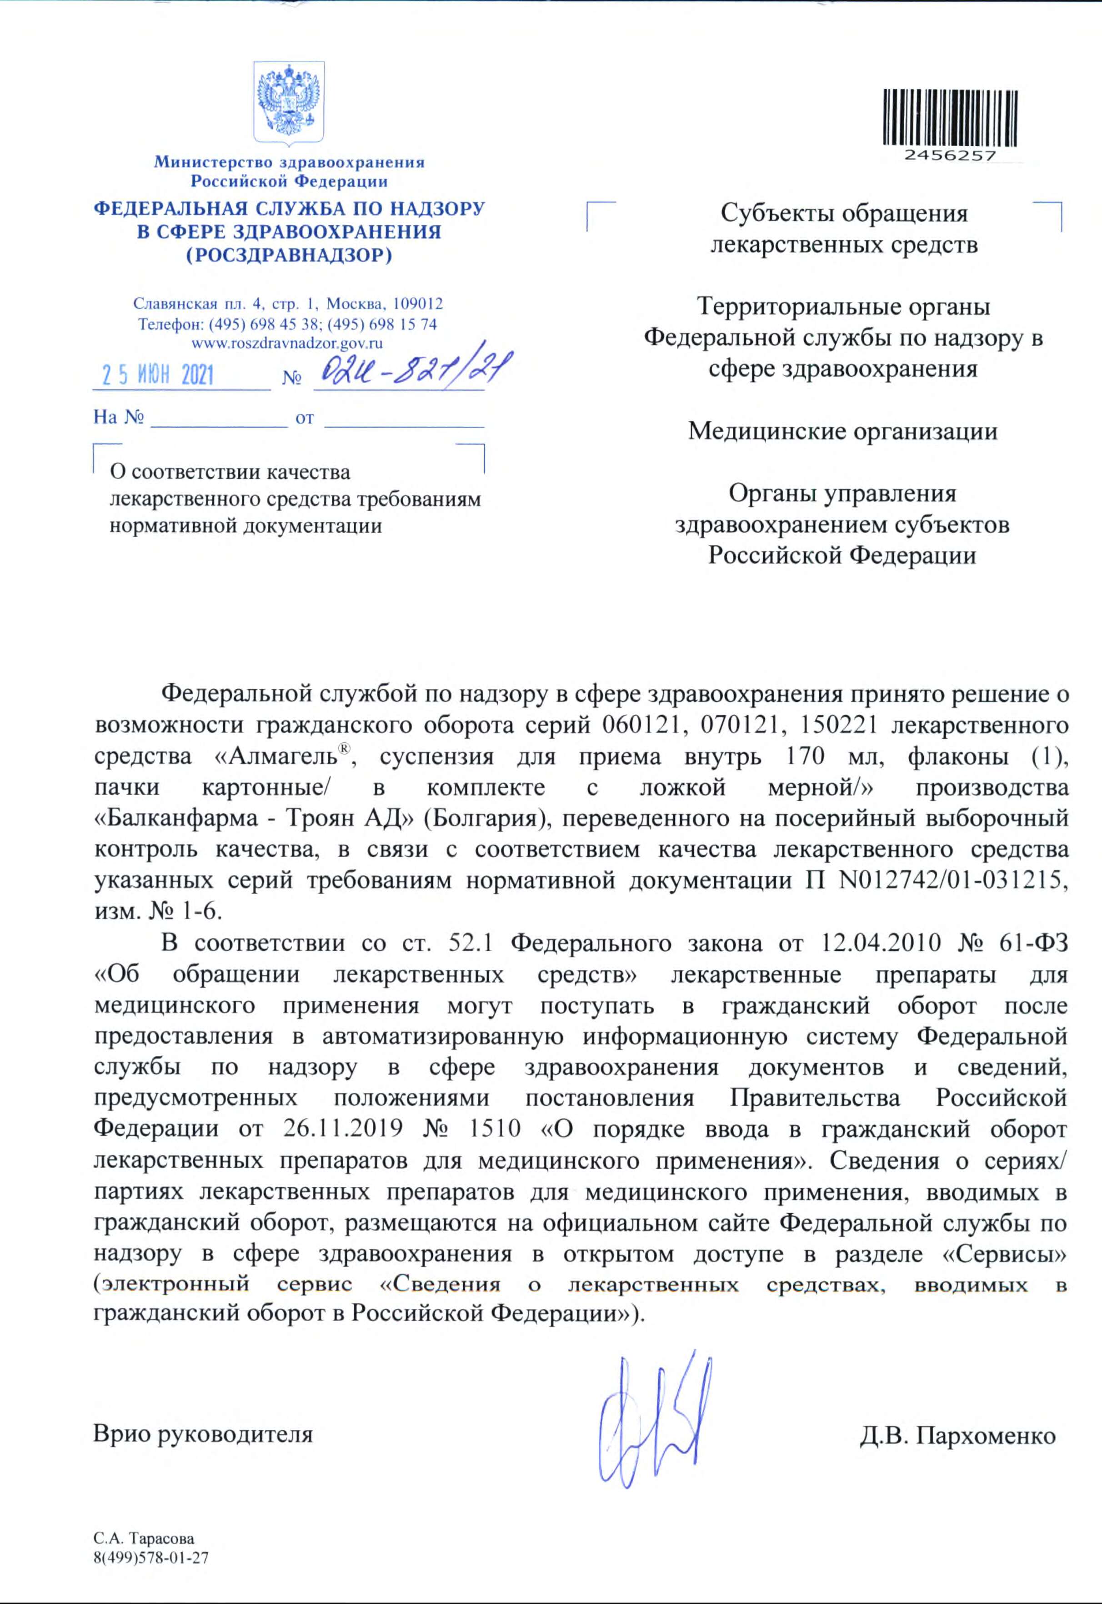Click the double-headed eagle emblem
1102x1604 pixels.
click(x=289, y=102)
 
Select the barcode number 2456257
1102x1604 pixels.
click(x=950, y=156)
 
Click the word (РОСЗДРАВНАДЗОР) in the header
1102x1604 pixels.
click(x=289, y=256)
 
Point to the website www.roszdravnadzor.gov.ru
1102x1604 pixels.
click(x=287, y=343)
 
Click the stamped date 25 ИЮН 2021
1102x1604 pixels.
click(x=158, y=376)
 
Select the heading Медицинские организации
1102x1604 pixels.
click(x=842, y=431)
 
